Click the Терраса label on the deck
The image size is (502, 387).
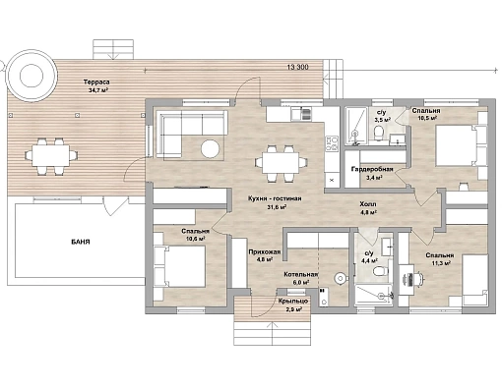tap(96, 83)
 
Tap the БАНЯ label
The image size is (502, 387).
tap(81, 243)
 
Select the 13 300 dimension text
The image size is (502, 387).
tap(297, 68)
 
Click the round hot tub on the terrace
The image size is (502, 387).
tap(31, 76)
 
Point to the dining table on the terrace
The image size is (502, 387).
tap(50, 156)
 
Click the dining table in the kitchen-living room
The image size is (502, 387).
tap(281, 163)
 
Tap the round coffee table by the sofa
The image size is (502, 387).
tap(210, 149)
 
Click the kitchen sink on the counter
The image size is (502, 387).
tap(306, 115)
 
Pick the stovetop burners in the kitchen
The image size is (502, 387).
tap(332, 144)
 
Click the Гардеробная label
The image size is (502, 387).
tap(372, 169)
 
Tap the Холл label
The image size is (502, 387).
tap(368, 204)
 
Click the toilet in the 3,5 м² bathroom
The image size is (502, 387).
tap(379, 133)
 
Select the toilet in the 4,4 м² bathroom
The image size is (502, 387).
tap(379, 271)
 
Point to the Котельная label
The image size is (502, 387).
tap(301, 274)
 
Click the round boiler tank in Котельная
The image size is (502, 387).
tap(340, 279)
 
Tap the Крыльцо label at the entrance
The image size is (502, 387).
tap(293, 302)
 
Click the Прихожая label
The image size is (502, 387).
tap(265, 252)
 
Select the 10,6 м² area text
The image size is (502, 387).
tap(196, 239)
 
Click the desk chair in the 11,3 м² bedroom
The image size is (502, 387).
tap(419, 279)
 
